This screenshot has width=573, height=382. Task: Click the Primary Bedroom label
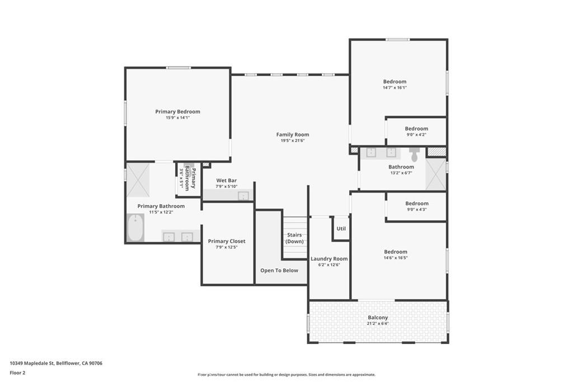177,112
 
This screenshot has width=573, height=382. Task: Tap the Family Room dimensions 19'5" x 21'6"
292,141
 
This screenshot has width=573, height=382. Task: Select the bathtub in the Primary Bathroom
135,229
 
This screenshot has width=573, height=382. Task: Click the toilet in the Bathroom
414,153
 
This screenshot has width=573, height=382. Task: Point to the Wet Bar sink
243,196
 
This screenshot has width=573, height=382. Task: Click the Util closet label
341,229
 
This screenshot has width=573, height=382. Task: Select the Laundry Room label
329,259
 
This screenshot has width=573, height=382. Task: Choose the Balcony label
378,318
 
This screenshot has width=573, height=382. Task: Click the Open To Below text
279,271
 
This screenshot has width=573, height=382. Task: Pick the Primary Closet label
227,242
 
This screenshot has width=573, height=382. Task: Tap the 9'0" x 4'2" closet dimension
416,135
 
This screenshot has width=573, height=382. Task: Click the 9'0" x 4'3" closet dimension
416,210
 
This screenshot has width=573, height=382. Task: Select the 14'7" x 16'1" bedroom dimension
394,88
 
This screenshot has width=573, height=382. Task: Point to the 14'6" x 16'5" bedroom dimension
395,258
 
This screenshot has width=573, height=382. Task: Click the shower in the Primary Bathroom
138,180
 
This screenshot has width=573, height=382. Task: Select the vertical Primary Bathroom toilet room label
191,178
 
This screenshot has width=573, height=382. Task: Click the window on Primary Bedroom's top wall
178,68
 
